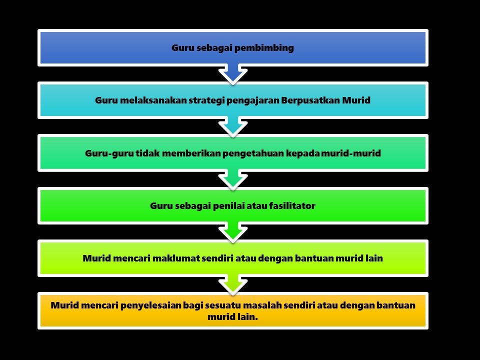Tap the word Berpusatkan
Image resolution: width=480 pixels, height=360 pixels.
tap(310, 100)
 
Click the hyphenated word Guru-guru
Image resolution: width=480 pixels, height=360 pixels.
tap(109, 153)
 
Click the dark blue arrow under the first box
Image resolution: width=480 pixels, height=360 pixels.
tap(233, 74)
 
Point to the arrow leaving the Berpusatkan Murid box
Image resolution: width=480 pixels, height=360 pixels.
tap(233, 126)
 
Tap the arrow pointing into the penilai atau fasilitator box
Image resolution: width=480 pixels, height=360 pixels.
tap(233, 179)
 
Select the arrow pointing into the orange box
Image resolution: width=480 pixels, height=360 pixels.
tap(233, 284)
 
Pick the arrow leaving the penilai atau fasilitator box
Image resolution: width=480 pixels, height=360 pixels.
tap(233, 231)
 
